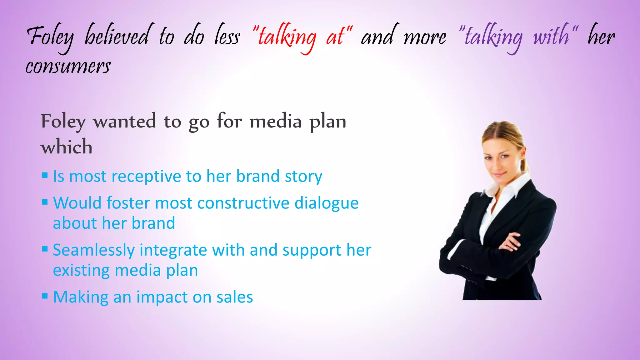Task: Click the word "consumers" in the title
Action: [x=68, y=67]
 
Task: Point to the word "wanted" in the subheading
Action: [x=125, y=121]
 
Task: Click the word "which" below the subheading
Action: [x=67, y=147]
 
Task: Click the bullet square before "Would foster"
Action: [x=45, y=202]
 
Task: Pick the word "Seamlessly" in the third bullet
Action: [x=94, y=250]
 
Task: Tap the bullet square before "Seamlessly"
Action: [x=45, y=249]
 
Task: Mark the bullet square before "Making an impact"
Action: [x=45, y=296]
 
